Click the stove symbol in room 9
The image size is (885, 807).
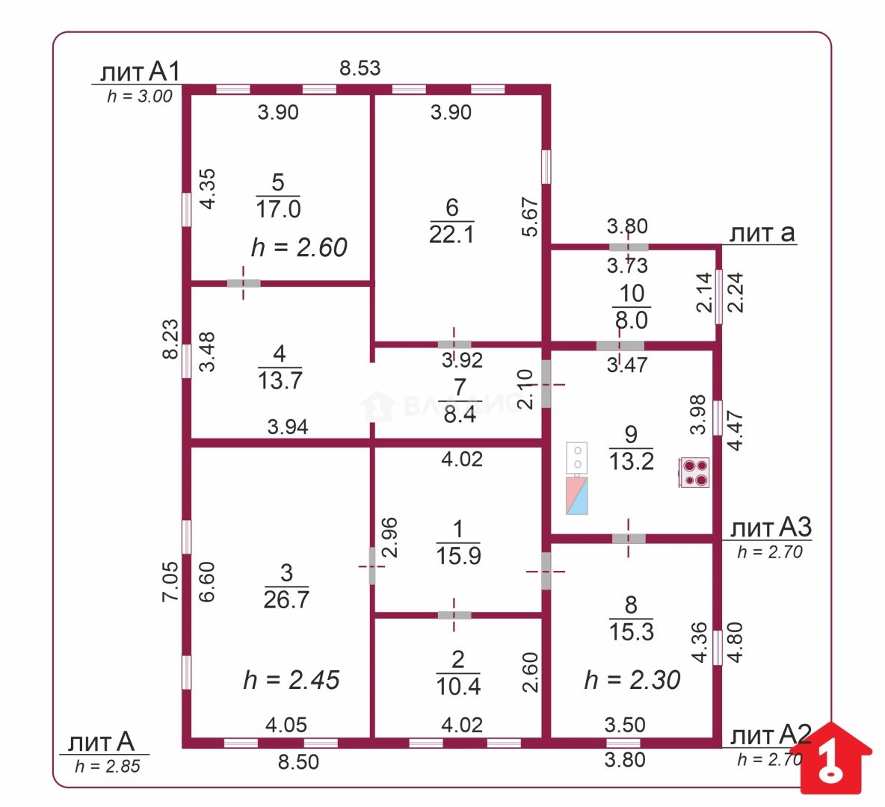click(x=694, y=472)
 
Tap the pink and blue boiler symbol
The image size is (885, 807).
click(x=577, y=495)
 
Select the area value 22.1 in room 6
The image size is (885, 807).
click(x=451, y=234)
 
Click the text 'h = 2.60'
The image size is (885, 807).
click(x=299, y=248)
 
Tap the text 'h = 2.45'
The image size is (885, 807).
click(x=292, y=680)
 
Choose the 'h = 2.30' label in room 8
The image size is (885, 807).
click(x=632, y=680)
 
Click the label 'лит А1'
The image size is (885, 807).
click(x=140, y=72)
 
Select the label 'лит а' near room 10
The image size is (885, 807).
click(x=762, y=233)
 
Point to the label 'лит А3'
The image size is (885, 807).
click(x=771, y=528)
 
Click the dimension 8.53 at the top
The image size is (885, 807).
click(x=360, y=68)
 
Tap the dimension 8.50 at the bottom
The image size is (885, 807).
click(x=298, y=762)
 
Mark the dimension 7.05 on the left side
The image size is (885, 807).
click(x=170, y=582)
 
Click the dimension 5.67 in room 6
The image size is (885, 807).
click(x=529, y=217)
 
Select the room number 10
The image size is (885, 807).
click(x=632, y=294)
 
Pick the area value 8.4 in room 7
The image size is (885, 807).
click(x=460, y=415)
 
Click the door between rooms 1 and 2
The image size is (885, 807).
click(x=454, y=615)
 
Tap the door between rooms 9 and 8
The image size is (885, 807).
click(x=629, y=539)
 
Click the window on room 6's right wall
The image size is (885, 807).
click(x=546, y=167)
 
